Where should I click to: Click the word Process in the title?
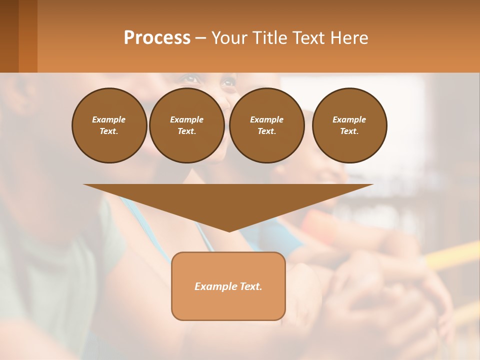tap(157, 38)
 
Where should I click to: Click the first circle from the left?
tap(109, 125)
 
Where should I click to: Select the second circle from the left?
tap(186, 125)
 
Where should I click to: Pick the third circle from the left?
tap(266, 125)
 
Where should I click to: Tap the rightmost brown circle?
tap(349, 125)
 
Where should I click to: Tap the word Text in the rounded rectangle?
tap(250, 286)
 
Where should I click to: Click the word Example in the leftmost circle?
tap(109, 119)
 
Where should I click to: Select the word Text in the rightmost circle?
tap(349, 131)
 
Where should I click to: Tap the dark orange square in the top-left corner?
tap(19, 36)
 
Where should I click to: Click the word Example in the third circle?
tap(266, 119)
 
